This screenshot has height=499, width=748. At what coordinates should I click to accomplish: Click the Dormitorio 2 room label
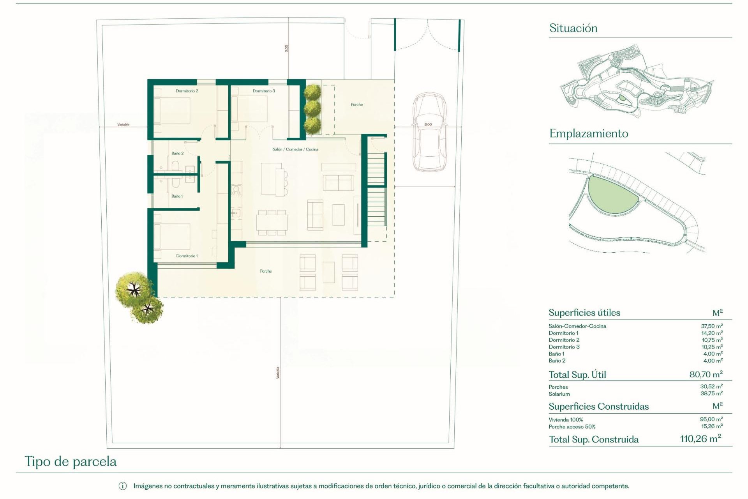tap(187, 91)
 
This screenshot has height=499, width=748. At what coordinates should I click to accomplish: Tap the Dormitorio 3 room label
tap(264, 91)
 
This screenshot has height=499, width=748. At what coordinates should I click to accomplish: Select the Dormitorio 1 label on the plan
tap(187, 256)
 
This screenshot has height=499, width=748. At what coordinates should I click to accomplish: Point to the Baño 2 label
tap(177, 153)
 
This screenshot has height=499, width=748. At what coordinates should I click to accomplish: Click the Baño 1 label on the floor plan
tap(177, 196)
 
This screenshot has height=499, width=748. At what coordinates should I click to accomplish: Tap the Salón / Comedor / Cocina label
tap(295, 149)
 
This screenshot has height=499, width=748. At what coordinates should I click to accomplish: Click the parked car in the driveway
tap(429, 133)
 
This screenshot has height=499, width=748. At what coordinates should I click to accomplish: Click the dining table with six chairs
tap(272, 223)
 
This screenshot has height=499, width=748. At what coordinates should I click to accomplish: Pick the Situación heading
tap(573, 28)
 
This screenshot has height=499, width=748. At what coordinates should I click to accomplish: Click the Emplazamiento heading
tap(589, 134)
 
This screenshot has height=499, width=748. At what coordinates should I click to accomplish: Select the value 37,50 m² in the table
tap(711, 326)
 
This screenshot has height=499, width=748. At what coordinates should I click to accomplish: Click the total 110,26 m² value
tap(700, 439)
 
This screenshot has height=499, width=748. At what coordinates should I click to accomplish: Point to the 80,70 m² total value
tap(706, 375)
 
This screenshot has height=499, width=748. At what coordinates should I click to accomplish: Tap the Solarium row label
tap(559, 394)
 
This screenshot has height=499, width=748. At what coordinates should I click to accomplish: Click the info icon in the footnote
tap(122, 486)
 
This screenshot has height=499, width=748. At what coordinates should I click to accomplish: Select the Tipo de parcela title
tap(71, 462)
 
